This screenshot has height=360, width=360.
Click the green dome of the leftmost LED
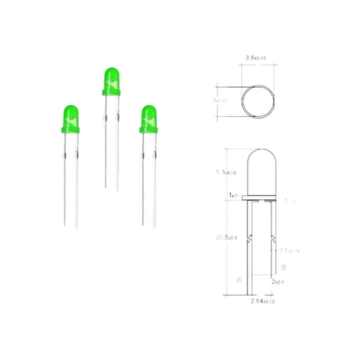pyautogui.click(x=70, y=116)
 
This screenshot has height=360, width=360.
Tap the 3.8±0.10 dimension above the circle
pyautogui.click(x=256, y=57)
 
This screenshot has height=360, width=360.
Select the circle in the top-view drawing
pyautogui.click(x=257, y=100)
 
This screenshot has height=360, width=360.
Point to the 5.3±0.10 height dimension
pyautogui.click(x=225, y=172)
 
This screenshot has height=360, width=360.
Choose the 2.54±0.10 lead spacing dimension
pyautogui.click(x=259, y=301)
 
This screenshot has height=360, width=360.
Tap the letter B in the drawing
pyautogui.click(x=283, y=266)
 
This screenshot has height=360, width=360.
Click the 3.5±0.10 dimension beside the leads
pyautogui.click(x=289, y=250)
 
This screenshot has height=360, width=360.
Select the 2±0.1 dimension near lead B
pyautogui.click(x=279, y=282)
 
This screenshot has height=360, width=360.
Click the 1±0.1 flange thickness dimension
pyautogui.click(x=233, y=195)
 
